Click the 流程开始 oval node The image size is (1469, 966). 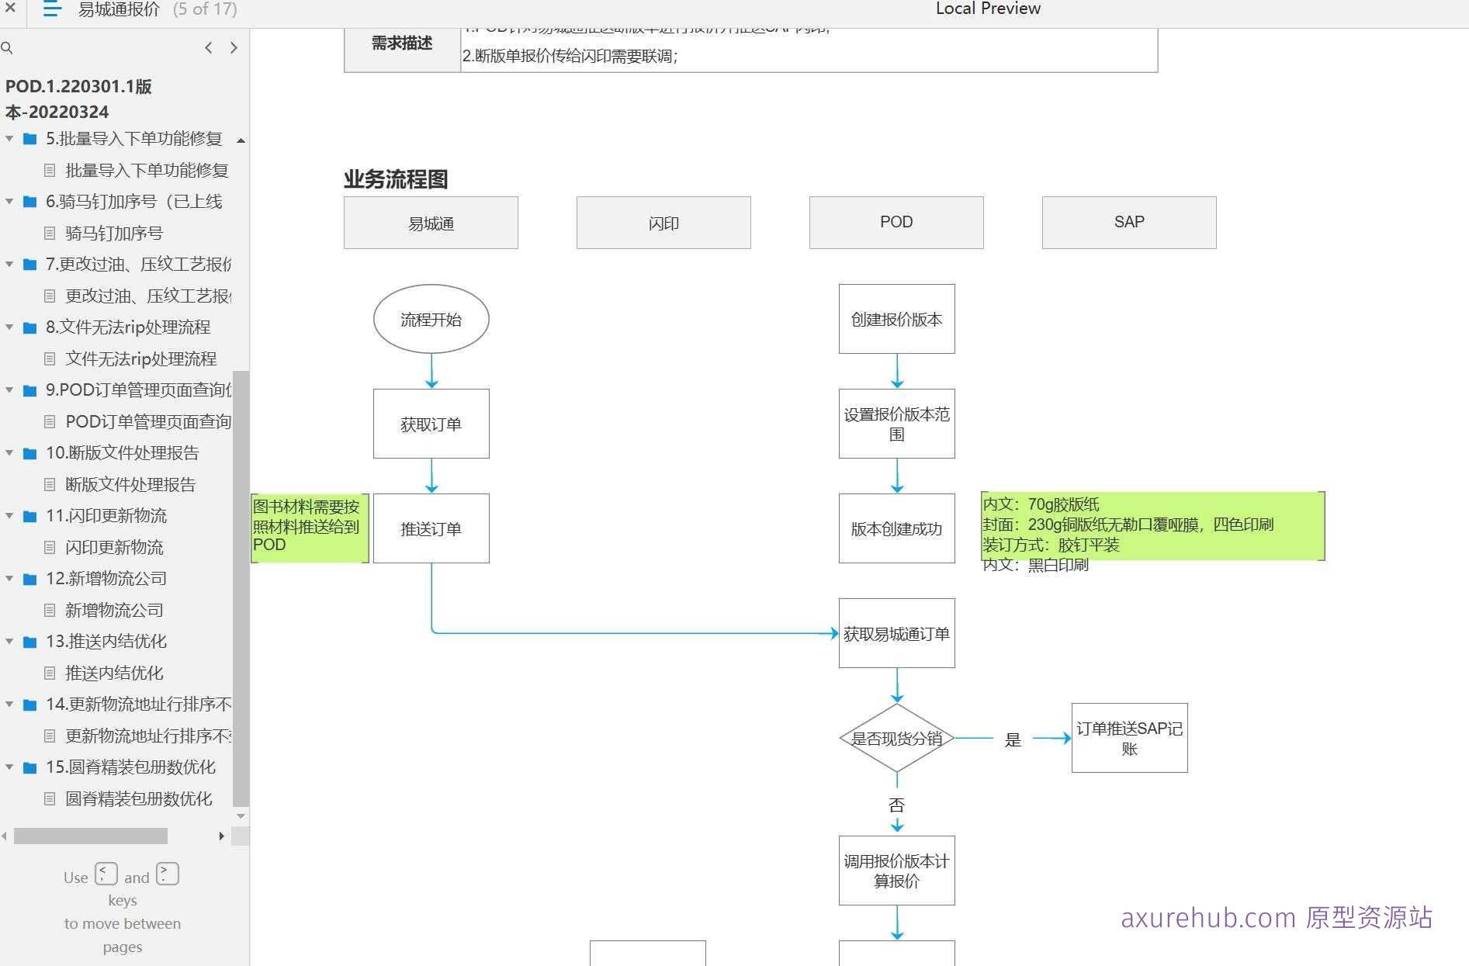coord(431,319)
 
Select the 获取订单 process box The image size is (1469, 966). coord(431,424)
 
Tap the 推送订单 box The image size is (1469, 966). coord(431,528)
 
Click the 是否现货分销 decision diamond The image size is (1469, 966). coord(896,738)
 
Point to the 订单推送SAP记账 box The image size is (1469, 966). coord(1129,738)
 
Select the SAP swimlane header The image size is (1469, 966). coord(1128,222)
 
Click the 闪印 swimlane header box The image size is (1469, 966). coord(663,223)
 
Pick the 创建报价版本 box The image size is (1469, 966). coord(896,319)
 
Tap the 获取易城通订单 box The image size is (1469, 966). coord(896,633)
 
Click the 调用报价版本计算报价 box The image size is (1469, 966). coord(896,871)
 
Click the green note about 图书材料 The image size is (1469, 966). coord(308,526)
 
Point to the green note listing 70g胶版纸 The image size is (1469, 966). coord(1152,525)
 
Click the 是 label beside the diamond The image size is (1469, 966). coord(1013,739)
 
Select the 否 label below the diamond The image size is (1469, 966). coord(896,805)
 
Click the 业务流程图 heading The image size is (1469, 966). coord(396,179)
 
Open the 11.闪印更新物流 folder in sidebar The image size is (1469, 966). coord(106,515)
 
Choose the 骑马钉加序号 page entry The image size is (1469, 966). coord(114,233)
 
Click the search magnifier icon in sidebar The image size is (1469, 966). coord(7,48)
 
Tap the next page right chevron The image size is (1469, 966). coord(234,48)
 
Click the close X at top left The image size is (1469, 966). coord(10,8)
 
